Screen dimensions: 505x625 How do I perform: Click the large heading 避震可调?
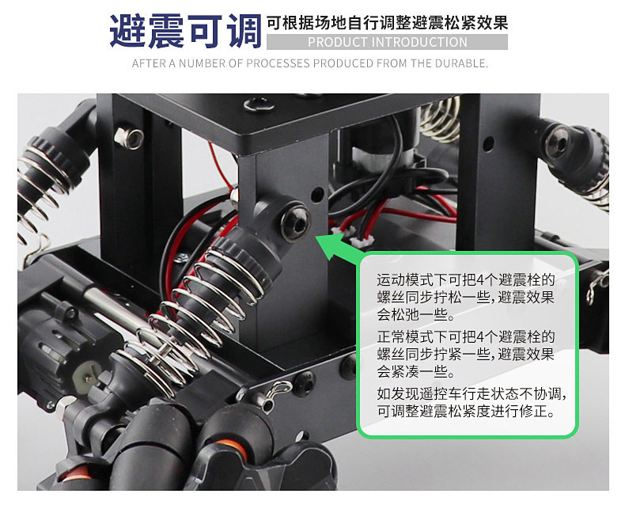point(185,31)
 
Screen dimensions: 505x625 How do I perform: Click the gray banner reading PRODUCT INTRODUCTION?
point(387,42)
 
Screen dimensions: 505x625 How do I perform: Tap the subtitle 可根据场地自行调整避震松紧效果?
point(387,22)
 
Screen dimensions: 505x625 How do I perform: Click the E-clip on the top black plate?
point(257,103)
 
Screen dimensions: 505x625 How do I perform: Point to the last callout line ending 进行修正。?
point(466,412)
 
